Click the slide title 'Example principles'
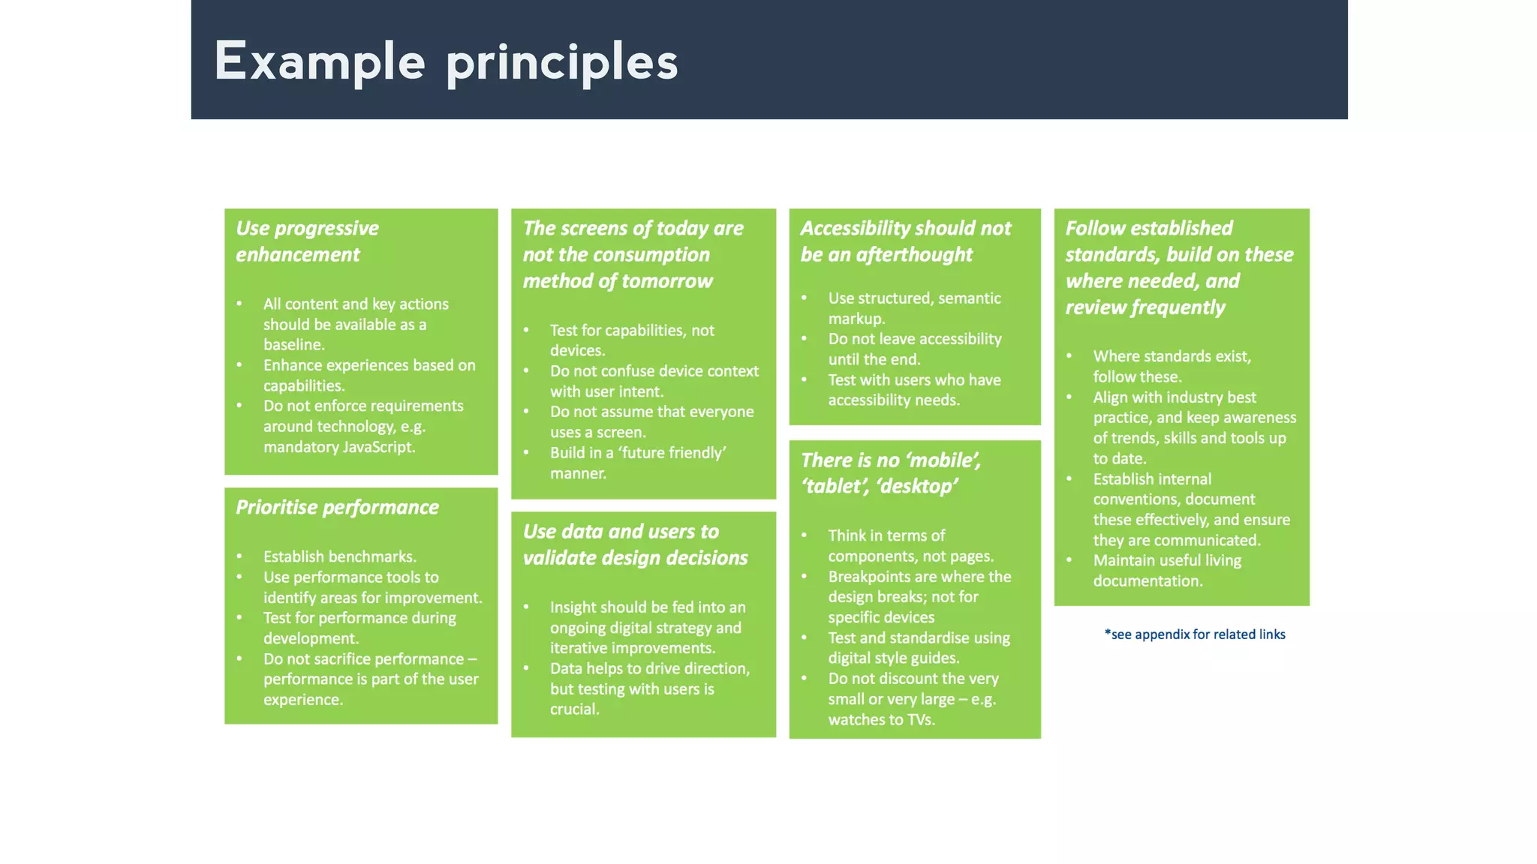point(446,61)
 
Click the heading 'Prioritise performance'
point(337,508)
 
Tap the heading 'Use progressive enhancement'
point(307,241)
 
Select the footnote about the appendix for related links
point(1194,634)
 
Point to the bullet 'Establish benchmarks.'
point(339,556)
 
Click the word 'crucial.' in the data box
point(574,709)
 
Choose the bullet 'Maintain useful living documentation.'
point(1166,571)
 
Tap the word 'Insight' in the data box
point(574,607)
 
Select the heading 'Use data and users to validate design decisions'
point(635,544)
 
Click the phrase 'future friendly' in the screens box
point(671,453)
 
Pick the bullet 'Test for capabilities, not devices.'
point(631,340)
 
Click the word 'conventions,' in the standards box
point(1136,499)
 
